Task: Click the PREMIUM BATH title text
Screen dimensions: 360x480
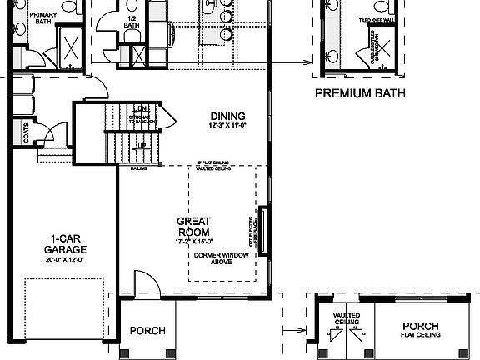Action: tap(360, 94)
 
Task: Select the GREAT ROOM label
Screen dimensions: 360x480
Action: tap(192, 226)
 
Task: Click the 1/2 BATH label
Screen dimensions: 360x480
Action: tap(131, 21)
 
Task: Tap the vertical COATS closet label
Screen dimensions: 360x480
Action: tap(27, 134)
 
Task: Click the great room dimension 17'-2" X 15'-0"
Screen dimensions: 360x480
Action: tap(192, 242)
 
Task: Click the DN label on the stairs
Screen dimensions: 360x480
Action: tap(142, 108)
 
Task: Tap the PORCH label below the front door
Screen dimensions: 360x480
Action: tap(147, 331)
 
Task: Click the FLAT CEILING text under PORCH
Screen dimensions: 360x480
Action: tap(421, 335)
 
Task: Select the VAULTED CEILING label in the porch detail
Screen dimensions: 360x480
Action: tap(347, 319)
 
